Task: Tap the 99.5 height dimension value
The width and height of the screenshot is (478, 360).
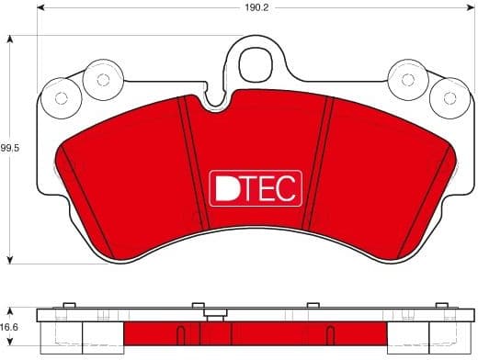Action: point(10,146)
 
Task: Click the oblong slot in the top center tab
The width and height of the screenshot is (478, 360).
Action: point(252,66)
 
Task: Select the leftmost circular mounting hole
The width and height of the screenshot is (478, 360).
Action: point(62,98)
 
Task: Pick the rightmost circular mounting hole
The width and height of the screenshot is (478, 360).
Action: point(446,97)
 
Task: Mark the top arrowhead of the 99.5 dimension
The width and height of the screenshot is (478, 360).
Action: point(10,39)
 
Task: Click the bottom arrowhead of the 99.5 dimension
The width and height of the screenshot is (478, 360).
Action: point(10,258)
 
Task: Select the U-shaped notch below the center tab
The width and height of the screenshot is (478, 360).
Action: point(217,100)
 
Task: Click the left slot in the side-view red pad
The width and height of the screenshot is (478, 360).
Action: point(181,334)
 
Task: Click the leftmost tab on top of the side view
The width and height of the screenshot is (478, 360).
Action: point(67,306)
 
